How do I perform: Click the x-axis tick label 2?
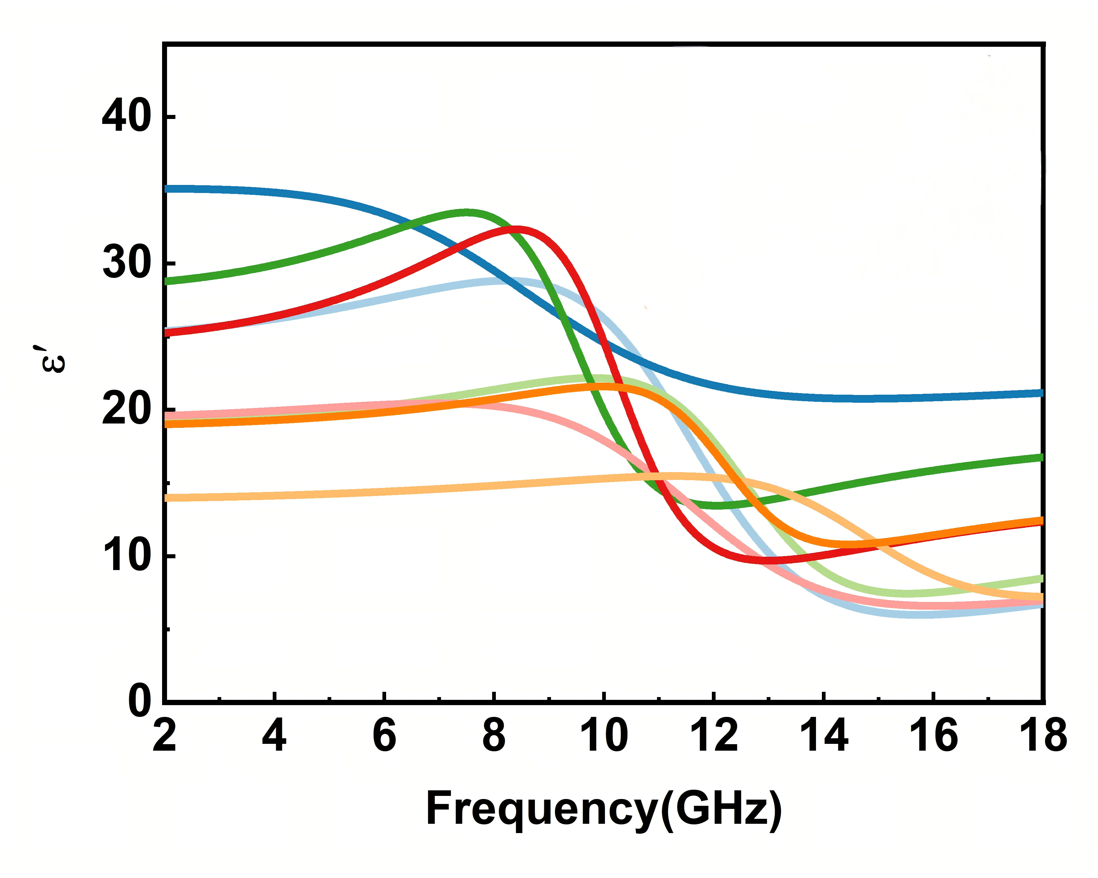(x=165, y=736)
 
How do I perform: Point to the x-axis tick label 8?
(x=494, y=736)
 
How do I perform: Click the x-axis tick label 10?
(x=604, y=736)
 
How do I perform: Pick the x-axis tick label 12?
(x=714, y=736)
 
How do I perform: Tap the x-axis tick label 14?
(x=824, y=736)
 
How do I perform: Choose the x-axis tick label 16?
(x=933, y=736)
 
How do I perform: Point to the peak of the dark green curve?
(x=466, y=212)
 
